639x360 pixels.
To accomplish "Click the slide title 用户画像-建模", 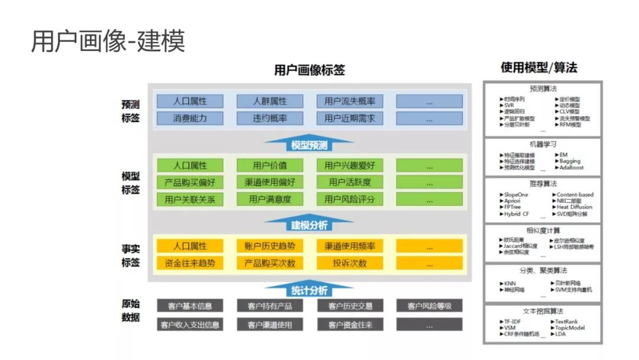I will pyautogui.click(x=108, y=41).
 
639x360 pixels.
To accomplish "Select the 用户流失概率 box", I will pyautogui.click(x=350, y=101).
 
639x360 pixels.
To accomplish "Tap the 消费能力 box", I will pyautogui.click(x=190, y=118).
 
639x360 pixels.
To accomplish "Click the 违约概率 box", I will pyautogui.click(x=270, y=118).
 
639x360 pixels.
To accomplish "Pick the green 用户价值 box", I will pyautogui.click(x=270, y=165).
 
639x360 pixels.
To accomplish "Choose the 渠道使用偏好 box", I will pyautogui.click(x=270, y=182).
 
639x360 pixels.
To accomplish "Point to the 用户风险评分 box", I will pyautogui.click(x=350, y=199).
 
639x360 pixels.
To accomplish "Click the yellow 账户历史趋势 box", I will pyautogui.click(x=270, y=246).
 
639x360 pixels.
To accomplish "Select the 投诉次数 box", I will pyautogui.click(x=350, y=263).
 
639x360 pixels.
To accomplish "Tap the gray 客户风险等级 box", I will pyautogui.click(x=430, y=306).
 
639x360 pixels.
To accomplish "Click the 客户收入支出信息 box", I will pyautogui.click(x=190, y=324).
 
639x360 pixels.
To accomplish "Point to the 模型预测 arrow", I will pyautogui.click(x=309, y=144).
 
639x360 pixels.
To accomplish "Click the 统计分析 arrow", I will pyautogui.click(x=309, y=290).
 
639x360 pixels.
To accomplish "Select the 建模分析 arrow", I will pyautogui.click(x=309, y=224).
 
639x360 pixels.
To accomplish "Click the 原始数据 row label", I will pyautogui.click(x=131, y=311).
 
